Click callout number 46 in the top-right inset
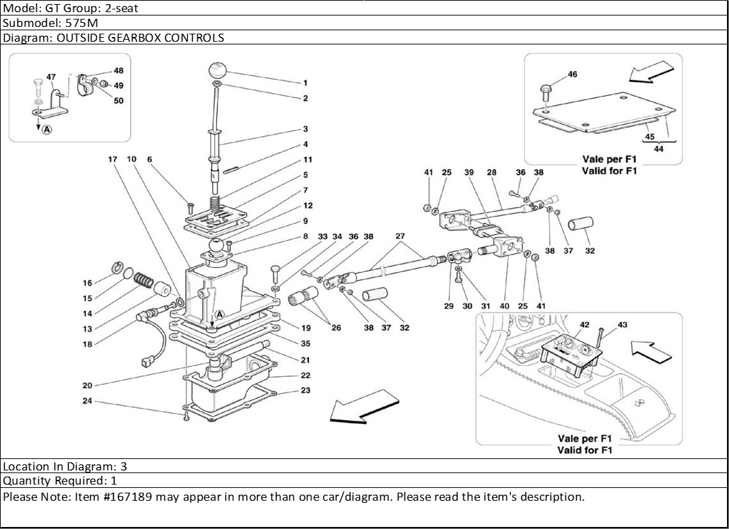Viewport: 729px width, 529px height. click(572, 75)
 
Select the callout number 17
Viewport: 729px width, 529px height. click(112, 160)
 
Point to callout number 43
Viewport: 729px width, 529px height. click(622, 325)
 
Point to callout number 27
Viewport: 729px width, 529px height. click(401, 236)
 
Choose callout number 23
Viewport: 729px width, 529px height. click(306, 390)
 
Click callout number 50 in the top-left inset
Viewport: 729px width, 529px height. click(118, 101)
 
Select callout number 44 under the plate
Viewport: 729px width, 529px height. click(658, 149)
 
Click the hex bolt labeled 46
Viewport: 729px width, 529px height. click(546, 89)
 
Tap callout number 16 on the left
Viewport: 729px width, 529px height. click(88, 283)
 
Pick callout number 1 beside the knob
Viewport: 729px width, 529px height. click(305, 83)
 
